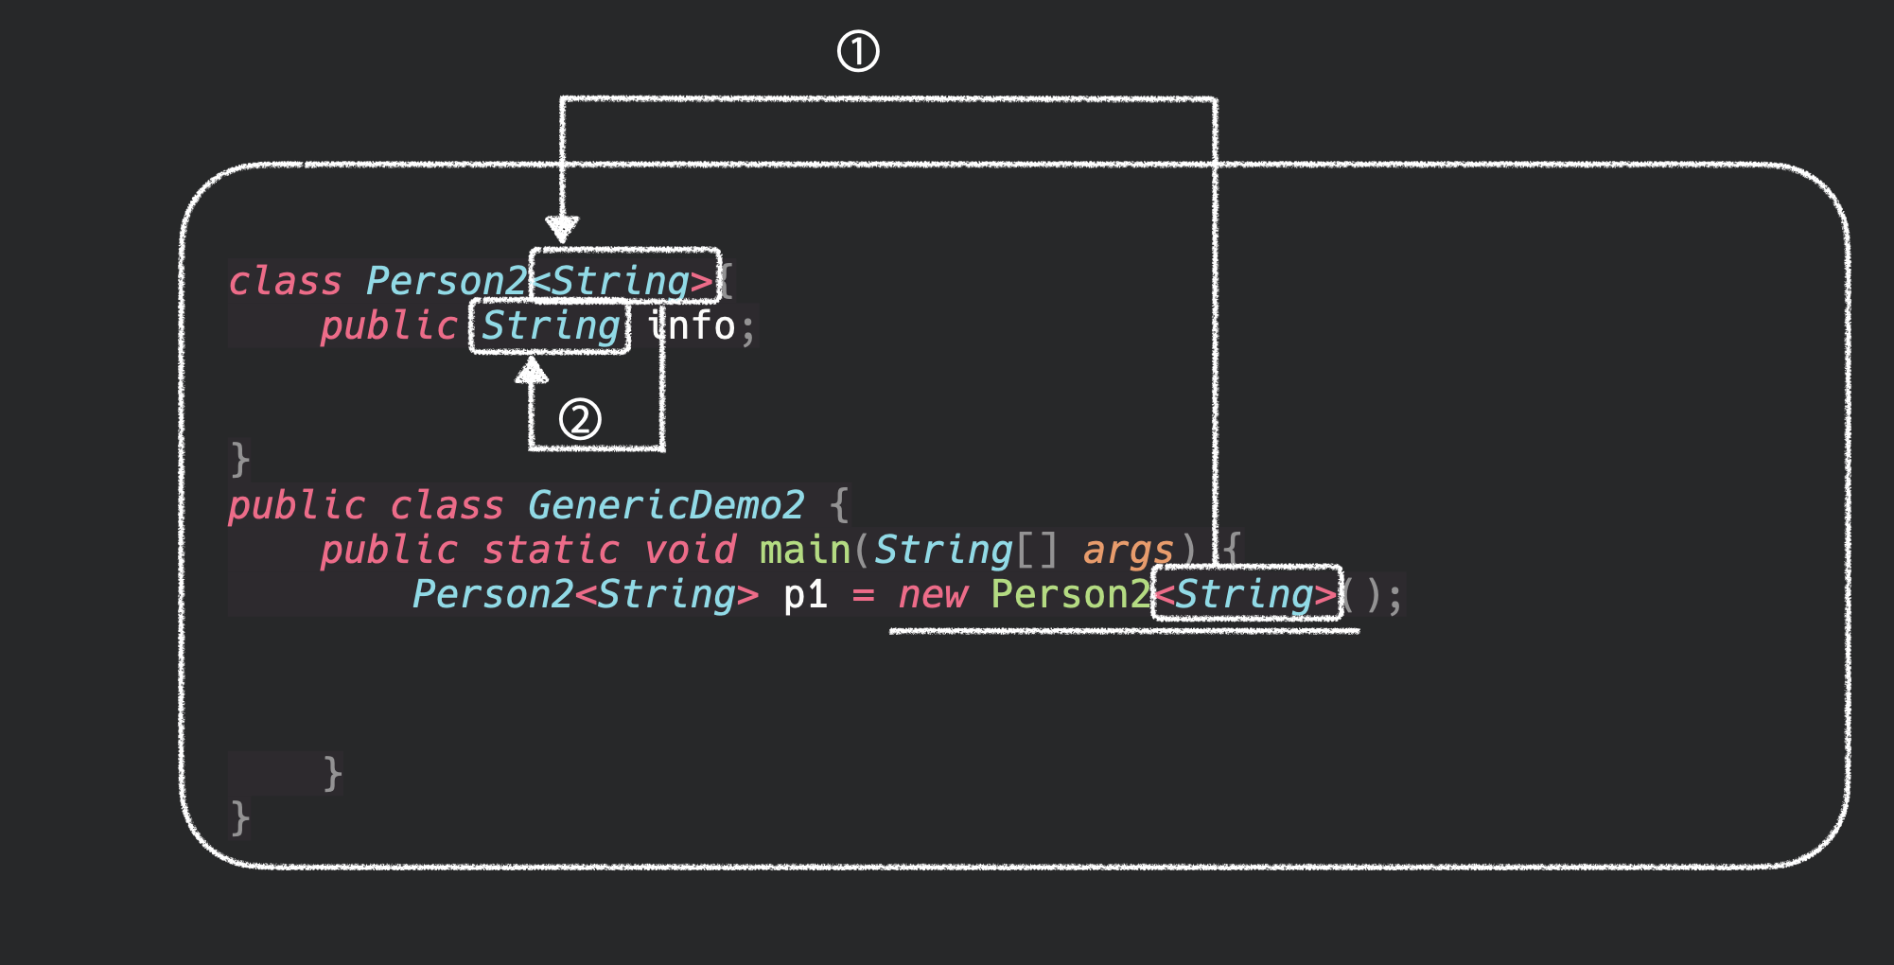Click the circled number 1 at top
[858, 51]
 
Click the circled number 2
[580, 418]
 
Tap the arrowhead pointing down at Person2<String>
[562, 228]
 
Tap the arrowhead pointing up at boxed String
[532, 370]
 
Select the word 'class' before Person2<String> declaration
[285, 281]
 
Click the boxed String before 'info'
[550, 326]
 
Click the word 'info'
[693, 326]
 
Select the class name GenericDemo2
[666, 505]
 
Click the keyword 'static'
[551, 550]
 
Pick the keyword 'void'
[690, 550]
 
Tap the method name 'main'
[805, 550]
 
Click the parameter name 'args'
[1128, 550]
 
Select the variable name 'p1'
[806, 595]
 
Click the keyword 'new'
[933, 595]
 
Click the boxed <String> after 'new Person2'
[1246, 594]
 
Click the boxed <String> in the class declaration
[624, 280]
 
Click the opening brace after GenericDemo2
[839, 505]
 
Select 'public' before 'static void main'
[389, 550]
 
